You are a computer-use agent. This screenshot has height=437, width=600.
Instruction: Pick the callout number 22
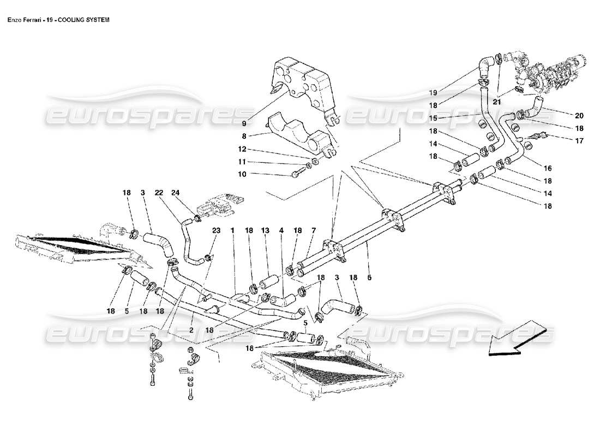[x=159, y=193]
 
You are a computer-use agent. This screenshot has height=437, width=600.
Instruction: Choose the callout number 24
[x=175, y=193]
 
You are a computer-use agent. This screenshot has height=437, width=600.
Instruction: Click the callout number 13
[x=265, y=231]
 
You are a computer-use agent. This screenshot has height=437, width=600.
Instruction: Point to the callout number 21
[x=496, y=102]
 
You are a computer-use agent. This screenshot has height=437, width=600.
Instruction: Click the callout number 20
[x=579, y=115]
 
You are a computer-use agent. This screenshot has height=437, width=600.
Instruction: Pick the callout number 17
[x=579, y=141]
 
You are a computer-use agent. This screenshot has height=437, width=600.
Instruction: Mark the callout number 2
[x=191, y=330]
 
